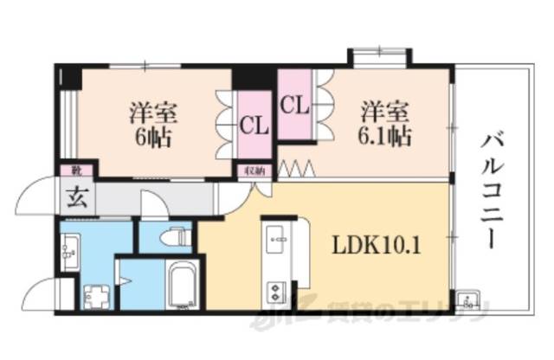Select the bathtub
(x=181, y=286)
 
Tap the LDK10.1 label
(x=377, y=245)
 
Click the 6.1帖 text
(x=386, y=136)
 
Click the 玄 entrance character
(x=72, y=194)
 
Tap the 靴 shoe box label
(x=66, y=170)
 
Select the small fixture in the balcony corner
(x=468, y=299)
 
